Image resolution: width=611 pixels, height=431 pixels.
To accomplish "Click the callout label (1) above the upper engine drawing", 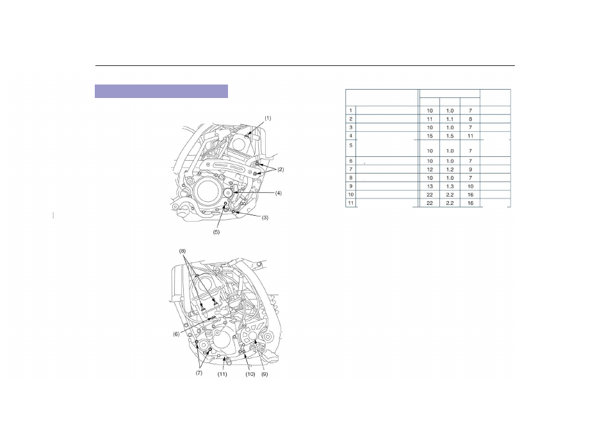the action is point(268,118).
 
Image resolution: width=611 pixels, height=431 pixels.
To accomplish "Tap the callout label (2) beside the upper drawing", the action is point(281,170).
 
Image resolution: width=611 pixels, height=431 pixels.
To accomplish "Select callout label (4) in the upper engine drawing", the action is point(278,193).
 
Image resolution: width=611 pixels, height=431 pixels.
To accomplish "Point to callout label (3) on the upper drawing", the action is point(265,218).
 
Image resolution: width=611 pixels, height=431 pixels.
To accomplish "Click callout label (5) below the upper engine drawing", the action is point(216,232).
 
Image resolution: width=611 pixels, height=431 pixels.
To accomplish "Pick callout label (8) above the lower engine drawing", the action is point(183,251).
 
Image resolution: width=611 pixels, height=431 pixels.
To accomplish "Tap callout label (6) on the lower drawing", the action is point(176,334).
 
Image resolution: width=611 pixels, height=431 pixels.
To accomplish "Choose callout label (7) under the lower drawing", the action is point(199,373).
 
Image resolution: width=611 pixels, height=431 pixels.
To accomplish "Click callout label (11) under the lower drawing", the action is point(222,374).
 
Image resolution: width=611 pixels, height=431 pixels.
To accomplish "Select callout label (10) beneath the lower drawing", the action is point(250,374).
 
